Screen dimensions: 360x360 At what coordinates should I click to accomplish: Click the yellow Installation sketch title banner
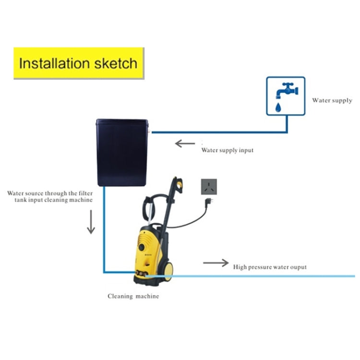(x=79, y=63)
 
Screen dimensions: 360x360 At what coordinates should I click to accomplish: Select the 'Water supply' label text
(x=332, y=100)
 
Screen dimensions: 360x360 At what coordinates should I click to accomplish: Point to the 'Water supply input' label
(x=227, y=150)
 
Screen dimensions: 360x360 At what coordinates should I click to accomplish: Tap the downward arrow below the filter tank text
(x=91, y=224)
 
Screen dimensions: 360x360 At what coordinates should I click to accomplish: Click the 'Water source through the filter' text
(x=50, y=193)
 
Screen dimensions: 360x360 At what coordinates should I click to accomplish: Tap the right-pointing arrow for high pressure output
(x=216, y=263)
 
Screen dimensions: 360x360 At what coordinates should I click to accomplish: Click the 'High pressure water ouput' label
(x=270, y=267)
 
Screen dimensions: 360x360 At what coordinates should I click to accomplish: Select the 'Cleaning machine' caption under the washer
(x=133, y=296)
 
